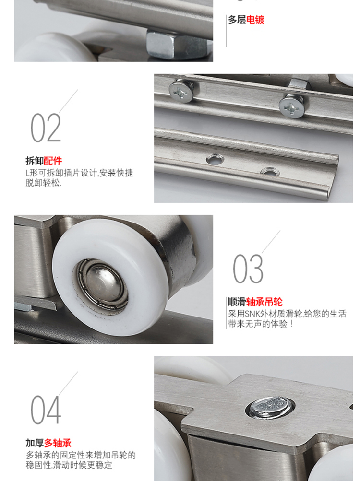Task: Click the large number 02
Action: [x=46, y=127]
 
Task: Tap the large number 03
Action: [x=248, y=269]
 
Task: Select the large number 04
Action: [x=46, y=410]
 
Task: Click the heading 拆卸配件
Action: [x=44, y=161]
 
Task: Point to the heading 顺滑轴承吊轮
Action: [x=255, y=302]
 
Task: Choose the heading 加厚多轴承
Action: [x=48, y=443]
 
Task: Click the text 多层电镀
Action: [x=246, y=20]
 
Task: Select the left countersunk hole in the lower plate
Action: [x=215, y=159]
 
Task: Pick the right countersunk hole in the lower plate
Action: [x=270, y=172]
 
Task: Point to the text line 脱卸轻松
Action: [x=43, y=183]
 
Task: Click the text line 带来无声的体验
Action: [x=261, y=324]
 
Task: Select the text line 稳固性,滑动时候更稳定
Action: [x=69, y=465]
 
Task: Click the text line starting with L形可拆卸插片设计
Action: [x=79, y=173]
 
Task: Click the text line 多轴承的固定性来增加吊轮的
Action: [x=81, y=455]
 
